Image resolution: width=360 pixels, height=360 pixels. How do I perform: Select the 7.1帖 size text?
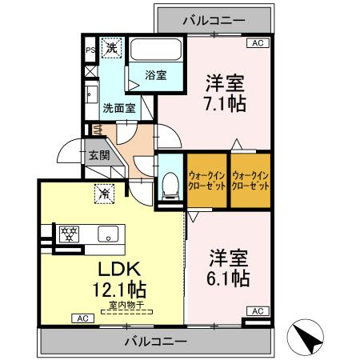click(224, 104)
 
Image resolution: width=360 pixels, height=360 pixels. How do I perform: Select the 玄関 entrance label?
click(99, 154)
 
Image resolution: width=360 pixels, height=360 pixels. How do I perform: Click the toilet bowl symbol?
click(169, 186)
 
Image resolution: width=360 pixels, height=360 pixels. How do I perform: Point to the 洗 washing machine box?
click(113, 47)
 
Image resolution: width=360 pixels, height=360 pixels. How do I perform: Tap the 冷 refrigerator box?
click(104, 192)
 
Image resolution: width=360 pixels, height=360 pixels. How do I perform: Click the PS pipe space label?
click(90, 49)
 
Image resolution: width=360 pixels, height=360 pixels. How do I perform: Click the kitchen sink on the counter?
click(107, 234)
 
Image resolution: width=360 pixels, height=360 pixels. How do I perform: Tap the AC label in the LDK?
click(81, 318)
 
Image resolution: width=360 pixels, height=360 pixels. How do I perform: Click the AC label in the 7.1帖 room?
click(257, 44)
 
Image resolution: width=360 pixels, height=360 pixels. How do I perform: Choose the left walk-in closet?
click(206, 180)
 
